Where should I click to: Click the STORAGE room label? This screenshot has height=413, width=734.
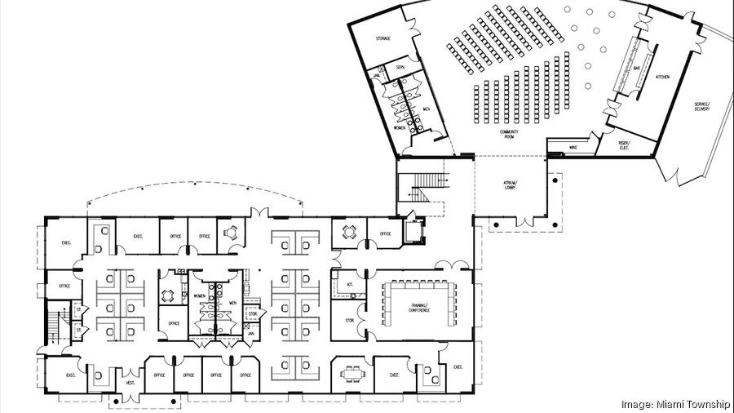382,38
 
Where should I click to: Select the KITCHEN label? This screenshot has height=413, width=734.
662,77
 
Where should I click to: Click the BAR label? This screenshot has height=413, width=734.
637,69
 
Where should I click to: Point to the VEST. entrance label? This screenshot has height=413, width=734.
129,383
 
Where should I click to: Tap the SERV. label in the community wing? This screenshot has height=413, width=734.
400,67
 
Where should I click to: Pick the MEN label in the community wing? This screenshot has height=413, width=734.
426,109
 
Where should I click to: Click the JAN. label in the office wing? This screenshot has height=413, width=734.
252,334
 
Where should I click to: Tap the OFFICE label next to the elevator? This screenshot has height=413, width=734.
385,234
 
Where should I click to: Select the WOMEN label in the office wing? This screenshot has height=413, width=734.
199,295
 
